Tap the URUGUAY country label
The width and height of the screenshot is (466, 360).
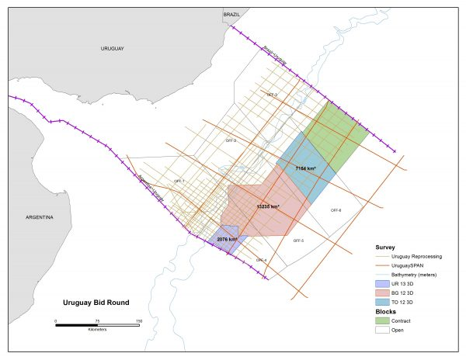click(112, 48)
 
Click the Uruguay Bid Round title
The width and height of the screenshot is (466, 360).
click(96, 302)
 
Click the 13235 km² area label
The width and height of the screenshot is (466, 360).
click(268, 207)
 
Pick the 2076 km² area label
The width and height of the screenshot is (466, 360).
click(228, 240)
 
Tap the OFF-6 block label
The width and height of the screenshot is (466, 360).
click(336, 210)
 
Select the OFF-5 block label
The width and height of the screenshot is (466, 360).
click(298, 241)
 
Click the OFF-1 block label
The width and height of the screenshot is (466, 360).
click(179, 181)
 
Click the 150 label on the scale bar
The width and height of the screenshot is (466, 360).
click(138, 320)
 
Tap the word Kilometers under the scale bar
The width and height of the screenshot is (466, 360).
click(96, 330)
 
